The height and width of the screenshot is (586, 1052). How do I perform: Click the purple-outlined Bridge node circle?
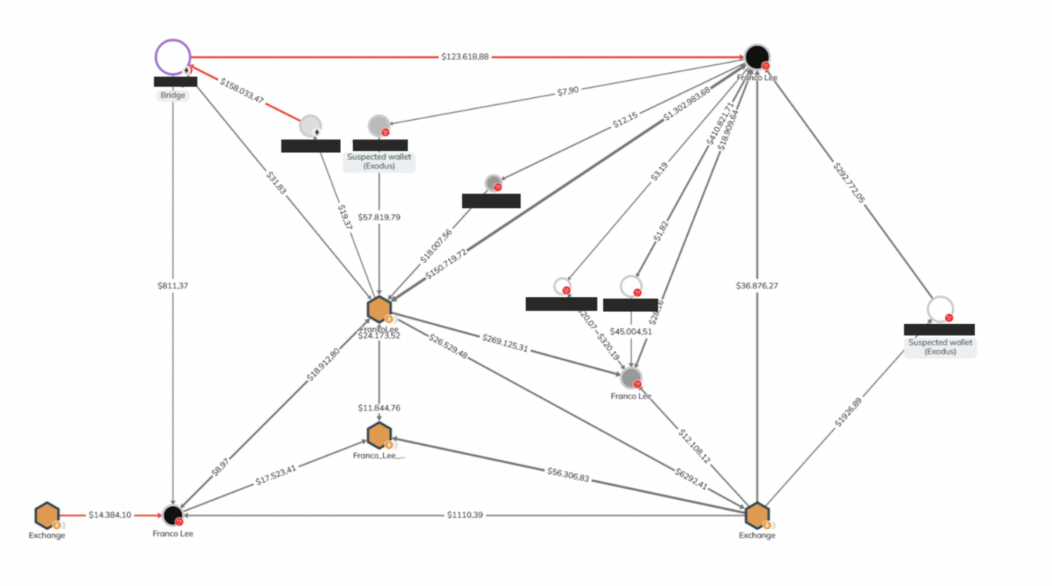click(x=173, y=57)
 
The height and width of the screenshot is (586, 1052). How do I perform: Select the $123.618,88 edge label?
click(x=464, y=56)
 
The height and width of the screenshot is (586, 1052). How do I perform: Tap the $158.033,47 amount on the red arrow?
click(x=242, y=90)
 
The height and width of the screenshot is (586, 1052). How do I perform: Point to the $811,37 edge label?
click(x=173, y=285)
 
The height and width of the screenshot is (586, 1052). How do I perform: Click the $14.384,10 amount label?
click(x=109, y=515)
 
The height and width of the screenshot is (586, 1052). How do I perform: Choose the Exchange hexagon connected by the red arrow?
click(x=47, y=516)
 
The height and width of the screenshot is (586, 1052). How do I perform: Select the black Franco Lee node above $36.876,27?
click(x=757, y=57)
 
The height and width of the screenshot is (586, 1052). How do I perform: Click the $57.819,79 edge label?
click(x=379, y=217)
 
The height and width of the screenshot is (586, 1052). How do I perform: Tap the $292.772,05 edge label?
click(x=849, y=182)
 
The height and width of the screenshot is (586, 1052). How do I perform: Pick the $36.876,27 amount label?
click(x=757, y=285)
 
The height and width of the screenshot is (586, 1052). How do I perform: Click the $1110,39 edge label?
click(x=464, y=515)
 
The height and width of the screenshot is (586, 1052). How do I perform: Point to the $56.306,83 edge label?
click(x=568, y=475)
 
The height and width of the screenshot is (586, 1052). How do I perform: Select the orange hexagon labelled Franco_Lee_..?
click(x=379, y=435)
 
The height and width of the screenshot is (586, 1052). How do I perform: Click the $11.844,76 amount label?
click(x=379, y=408)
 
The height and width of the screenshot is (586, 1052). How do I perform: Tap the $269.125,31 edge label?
click(x=505, y=343)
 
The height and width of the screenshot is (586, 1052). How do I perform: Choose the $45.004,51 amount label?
click(x=630, y=332)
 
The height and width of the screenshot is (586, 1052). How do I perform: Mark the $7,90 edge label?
click(x=567, y=90)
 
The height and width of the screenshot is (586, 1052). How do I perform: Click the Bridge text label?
click(x=173, y=95)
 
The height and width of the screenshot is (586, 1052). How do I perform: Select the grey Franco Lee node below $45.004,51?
click(x=630, y=378)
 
